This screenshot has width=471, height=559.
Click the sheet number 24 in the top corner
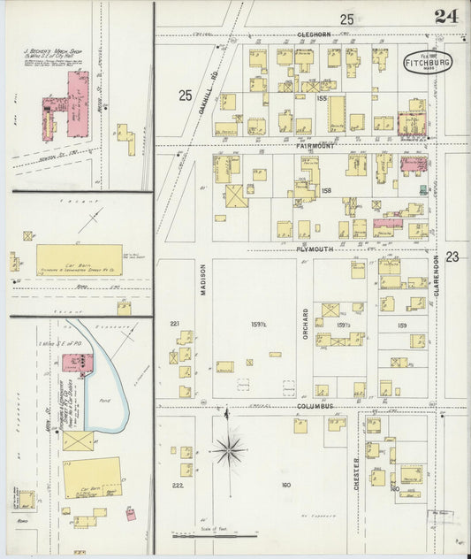[445, 15]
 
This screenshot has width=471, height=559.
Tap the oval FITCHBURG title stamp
[429, 63]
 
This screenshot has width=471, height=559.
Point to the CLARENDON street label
[436, 280]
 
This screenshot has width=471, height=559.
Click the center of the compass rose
[230, 449]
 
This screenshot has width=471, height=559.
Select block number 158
[325, 191]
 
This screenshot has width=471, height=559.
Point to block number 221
[175, 323]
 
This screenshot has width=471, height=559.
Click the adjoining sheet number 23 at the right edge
[452, 257]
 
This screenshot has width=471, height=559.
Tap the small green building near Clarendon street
[423, 189]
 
